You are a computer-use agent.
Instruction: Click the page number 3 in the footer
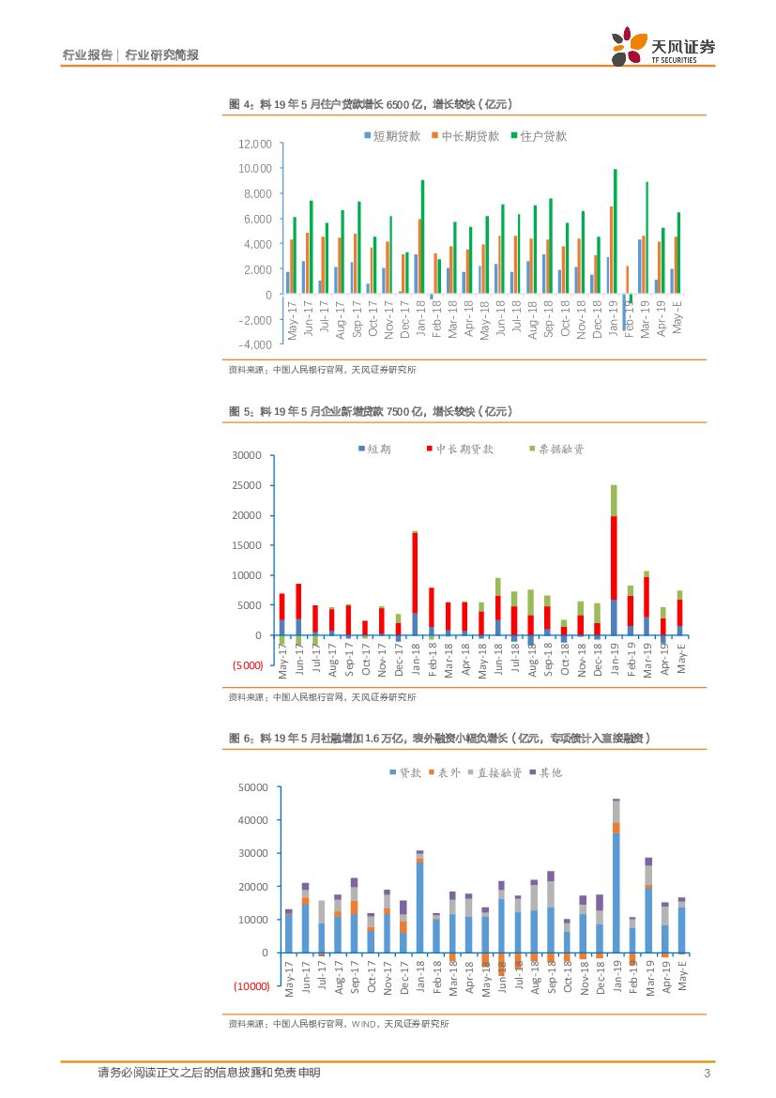(x=707, y=1073)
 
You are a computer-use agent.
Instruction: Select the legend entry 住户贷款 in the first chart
(x=543, y=136)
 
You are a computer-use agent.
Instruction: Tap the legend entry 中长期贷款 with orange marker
(x=470, y=136)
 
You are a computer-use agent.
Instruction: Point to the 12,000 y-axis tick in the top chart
(x=254, y=144)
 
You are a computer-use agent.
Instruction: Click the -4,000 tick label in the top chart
(x=254, y=344)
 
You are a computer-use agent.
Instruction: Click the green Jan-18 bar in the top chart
(x=422, y=236)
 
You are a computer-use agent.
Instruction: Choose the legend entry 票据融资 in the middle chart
(x=559, y=450)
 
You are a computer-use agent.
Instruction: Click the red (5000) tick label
(x=247, y=665)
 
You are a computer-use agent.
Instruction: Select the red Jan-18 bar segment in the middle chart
(x=415, y=572)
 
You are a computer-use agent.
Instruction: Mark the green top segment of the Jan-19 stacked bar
(x=615, y=500)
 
